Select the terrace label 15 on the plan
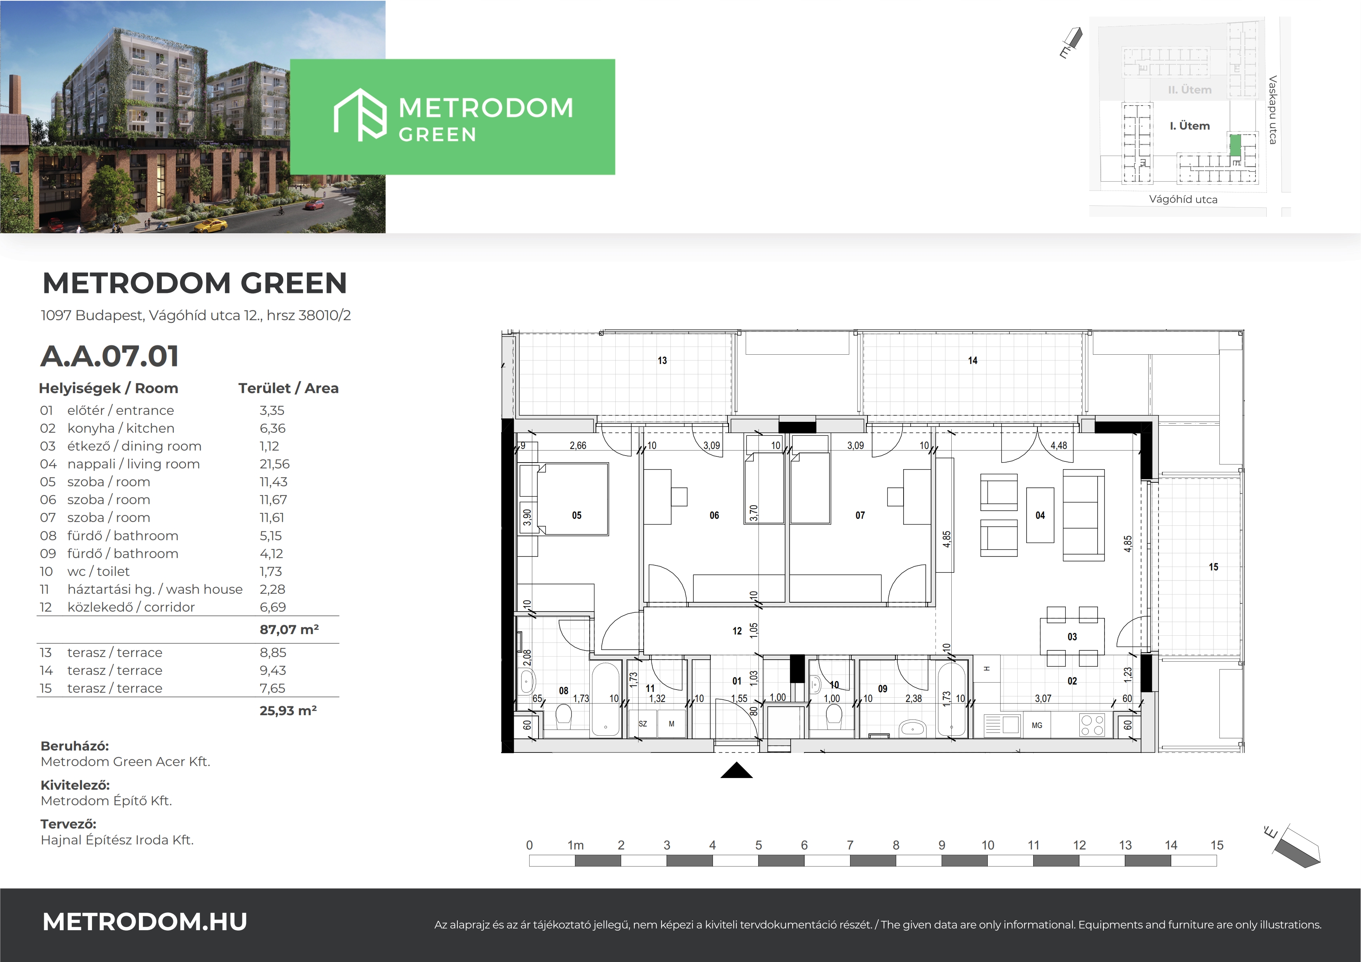[x=1214, y=567]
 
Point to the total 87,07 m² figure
[x=289, y=629]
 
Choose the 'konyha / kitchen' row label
[x=121, y=428]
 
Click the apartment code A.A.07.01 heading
[x=110, y=356]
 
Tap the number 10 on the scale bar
[x=987, y=845]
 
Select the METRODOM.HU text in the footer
[x=145, y=922]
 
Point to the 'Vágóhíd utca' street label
[x=1183, y=199]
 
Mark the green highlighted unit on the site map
[x=1235, y=145]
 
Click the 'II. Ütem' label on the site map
[x=1190, y=90]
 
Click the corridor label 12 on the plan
[x=737, y=631]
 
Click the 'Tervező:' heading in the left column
[x=68, y=824]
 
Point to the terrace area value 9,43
[x=273, y=671]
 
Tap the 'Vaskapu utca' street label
[x=1273, y=110]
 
